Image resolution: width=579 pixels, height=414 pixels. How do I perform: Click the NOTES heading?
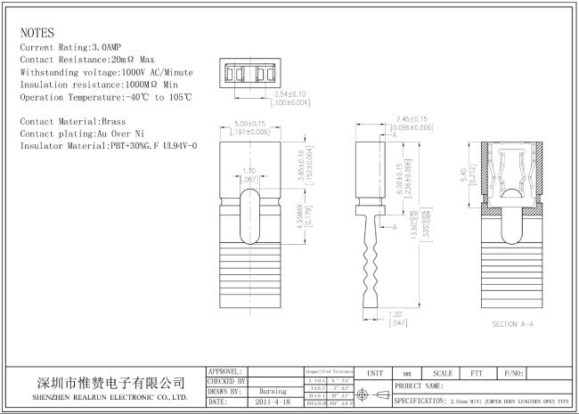[37, 33]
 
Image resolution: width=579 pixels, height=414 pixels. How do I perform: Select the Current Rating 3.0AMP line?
[71, 46]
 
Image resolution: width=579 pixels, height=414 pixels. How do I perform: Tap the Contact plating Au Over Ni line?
[81, 132]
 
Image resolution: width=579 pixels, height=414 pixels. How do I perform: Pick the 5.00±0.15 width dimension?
[250, 124]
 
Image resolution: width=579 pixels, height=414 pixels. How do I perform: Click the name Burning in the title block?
[272, 391]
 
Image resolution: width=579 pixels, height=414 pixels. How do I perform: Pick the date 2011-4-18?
[273, 402]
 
